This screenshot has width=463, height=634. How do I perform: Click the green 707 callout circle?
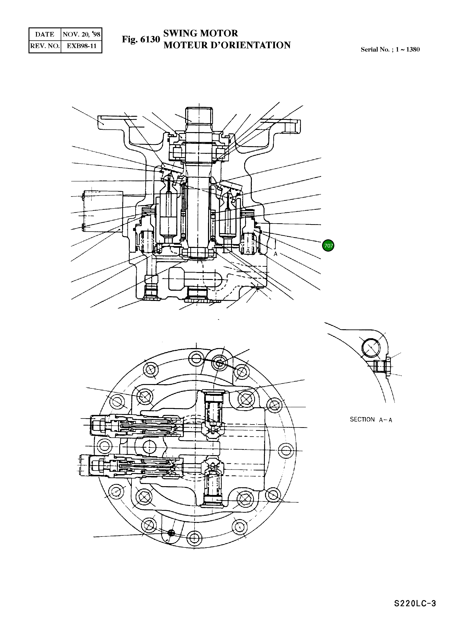click(328, 246)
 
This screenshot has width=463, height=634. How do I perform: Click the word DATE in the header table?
click(45, 35)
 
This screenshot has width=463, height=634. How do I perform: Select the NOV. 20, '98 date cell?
click(81, 35)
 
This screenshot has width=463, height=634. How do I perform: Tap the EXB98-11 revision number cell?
click(81, 46)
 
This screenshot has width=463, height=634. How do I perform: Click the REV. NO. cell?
click(45, 46)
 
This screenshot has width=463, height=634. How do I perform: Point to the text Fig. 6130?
click(141, 39)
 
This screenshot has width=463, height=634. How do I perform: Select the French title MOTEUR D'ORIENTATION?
click(227, 45)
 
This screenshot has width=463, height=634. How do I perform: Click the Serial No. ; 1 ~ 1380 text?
click(390, 50)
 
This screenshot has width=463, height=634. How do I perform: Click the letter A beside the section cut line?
click(275, 254)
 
